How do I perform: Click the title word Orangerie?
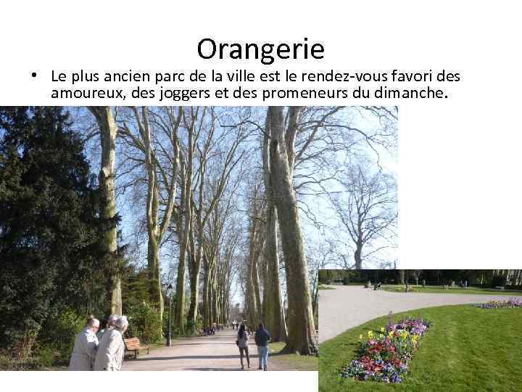(x=260, y=49)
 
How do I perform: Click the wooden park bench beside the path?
(x=136, y=347)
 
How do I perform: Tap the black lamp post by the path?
(x=169, y=315)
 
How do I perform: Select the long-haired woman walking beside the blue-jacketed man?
(x=243, y=343)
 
